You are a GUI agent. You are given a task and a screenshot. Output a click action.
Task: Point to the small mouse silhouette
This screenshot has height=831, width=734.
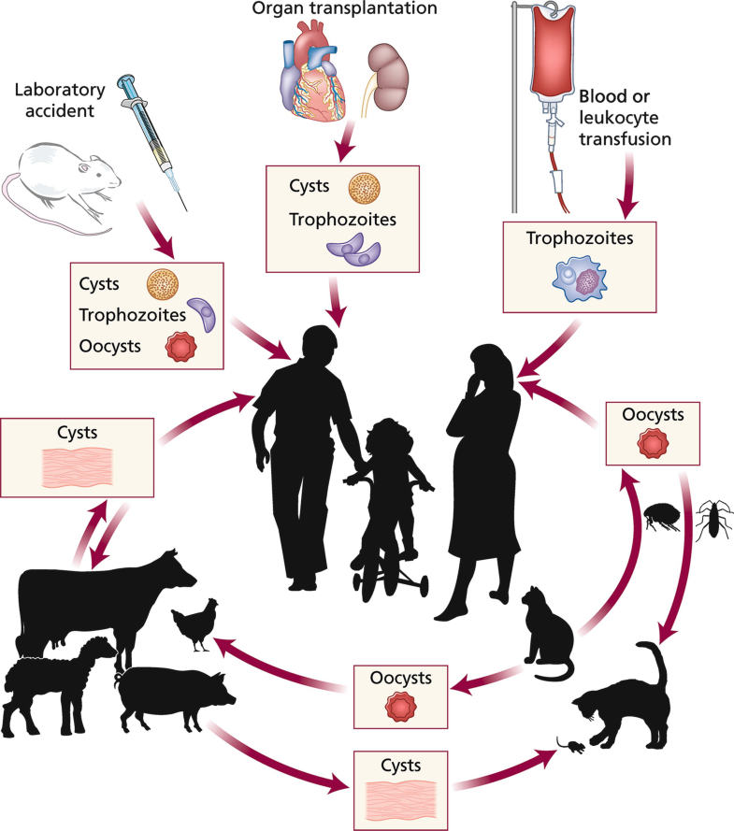pyautogui.click(x=571, y=744)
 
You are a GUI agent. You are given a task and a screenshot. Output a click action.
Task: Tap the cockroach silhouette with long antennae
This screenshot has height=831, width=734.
pyautogui.click(x=714, y=519)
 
